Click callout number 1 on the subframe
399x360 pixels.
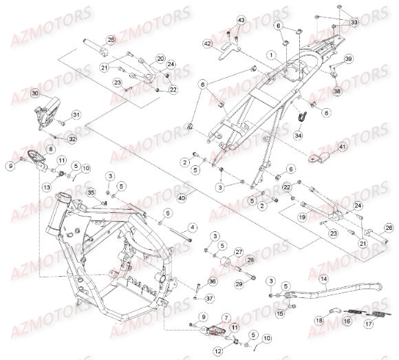[x=272, y=54]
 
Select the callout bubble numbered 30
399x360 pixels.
[x=35, y=94]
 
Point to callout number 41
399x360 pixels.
[x=343, y=147]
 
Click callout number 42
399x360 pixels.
[x=207, y=43]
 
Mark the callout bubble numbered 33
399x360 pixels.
[x=354, y=23]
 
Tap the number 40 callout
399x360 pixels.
[x=182, y=198]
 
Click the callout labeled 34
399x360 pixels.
[x=297, y=136]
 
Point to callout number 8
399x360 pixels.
[x=50, y=149]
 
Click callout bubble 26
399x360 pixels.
[x=389, y=228]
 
